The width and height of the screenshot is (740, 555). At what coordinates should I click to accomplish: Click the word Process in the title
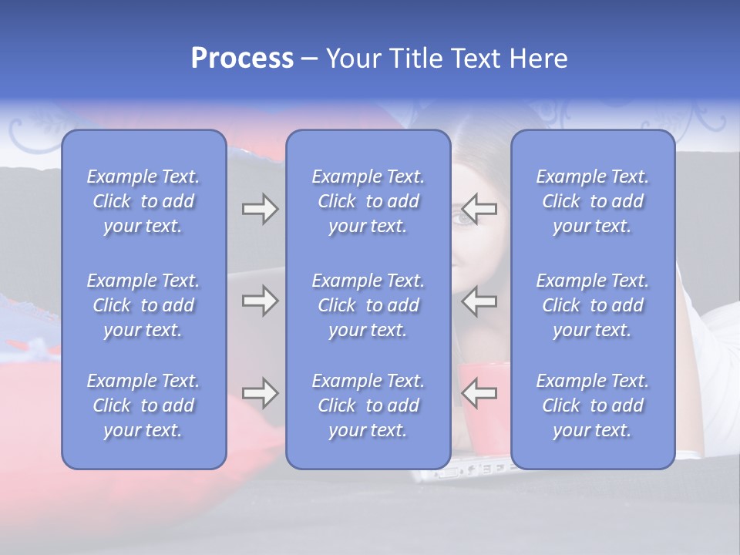click(x=242, y=59)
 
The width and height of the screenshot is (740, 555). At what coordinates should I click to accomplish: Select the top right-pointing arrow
click(x=260, y=209)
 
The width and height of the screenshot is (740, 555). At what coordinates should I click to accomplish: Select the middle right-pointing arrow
click(x=260, y=301)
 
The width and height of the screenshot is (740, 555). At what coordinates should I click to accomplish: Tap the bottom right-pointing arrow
click(x=260, y=393)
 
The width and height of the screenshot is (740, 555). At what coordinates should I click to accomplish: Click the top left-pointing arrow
click(x=479, y=209)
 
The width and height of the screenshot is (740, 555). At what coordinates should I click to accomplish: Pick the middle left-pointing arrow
click(x=479, y=301)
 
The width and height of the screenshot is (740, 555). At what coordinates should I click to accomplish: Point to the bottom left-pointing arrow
click(x=479, y=393)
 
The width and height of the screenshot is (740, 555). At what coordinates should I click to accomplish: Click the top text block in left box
click(x=143, y=201)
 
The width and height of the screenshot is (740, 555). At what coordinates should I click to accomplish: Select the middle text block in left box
click(x=143, y=305)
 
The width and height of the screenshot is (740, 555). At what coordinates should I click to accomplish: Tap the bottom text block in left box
click(x=143, y=405)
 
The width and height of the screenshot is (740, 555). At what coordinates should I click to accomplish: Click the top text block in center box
click(x=368, y=201)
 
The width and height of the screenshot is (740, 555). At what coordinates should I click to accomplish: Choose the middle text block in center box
click(x=368, y=305)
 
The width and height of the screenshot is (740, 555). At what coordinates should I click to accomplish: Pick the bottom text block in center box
click(x=368, y=405)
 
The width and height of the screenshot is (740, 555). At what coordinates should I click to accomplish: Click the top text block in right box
click(x=592, y=201)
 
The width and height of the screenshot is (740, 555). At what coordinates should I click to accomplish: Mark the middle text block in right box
click(x=592, y=305)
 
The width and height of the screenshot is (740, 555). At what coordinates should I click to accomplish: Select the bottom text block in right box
click(x=592, y=405)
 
